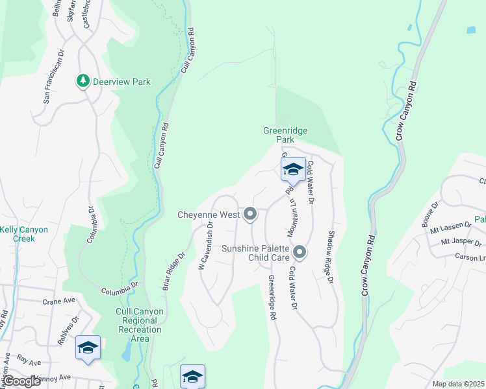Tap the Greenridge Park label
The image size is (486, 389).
coord(285,135)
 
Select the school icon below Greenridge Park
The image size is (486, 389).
coord(293,170)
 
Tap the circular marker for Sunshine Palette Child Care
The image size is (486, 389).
coord(300,251)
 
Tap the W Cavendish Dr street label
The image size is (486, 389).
coord(206,242)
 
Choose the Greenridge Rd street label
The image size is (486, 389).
coord(272,298)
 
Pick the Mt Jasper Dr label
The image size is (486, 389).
coord(462,242)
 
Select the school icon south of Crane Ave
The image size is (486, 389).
coord(88,348)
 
